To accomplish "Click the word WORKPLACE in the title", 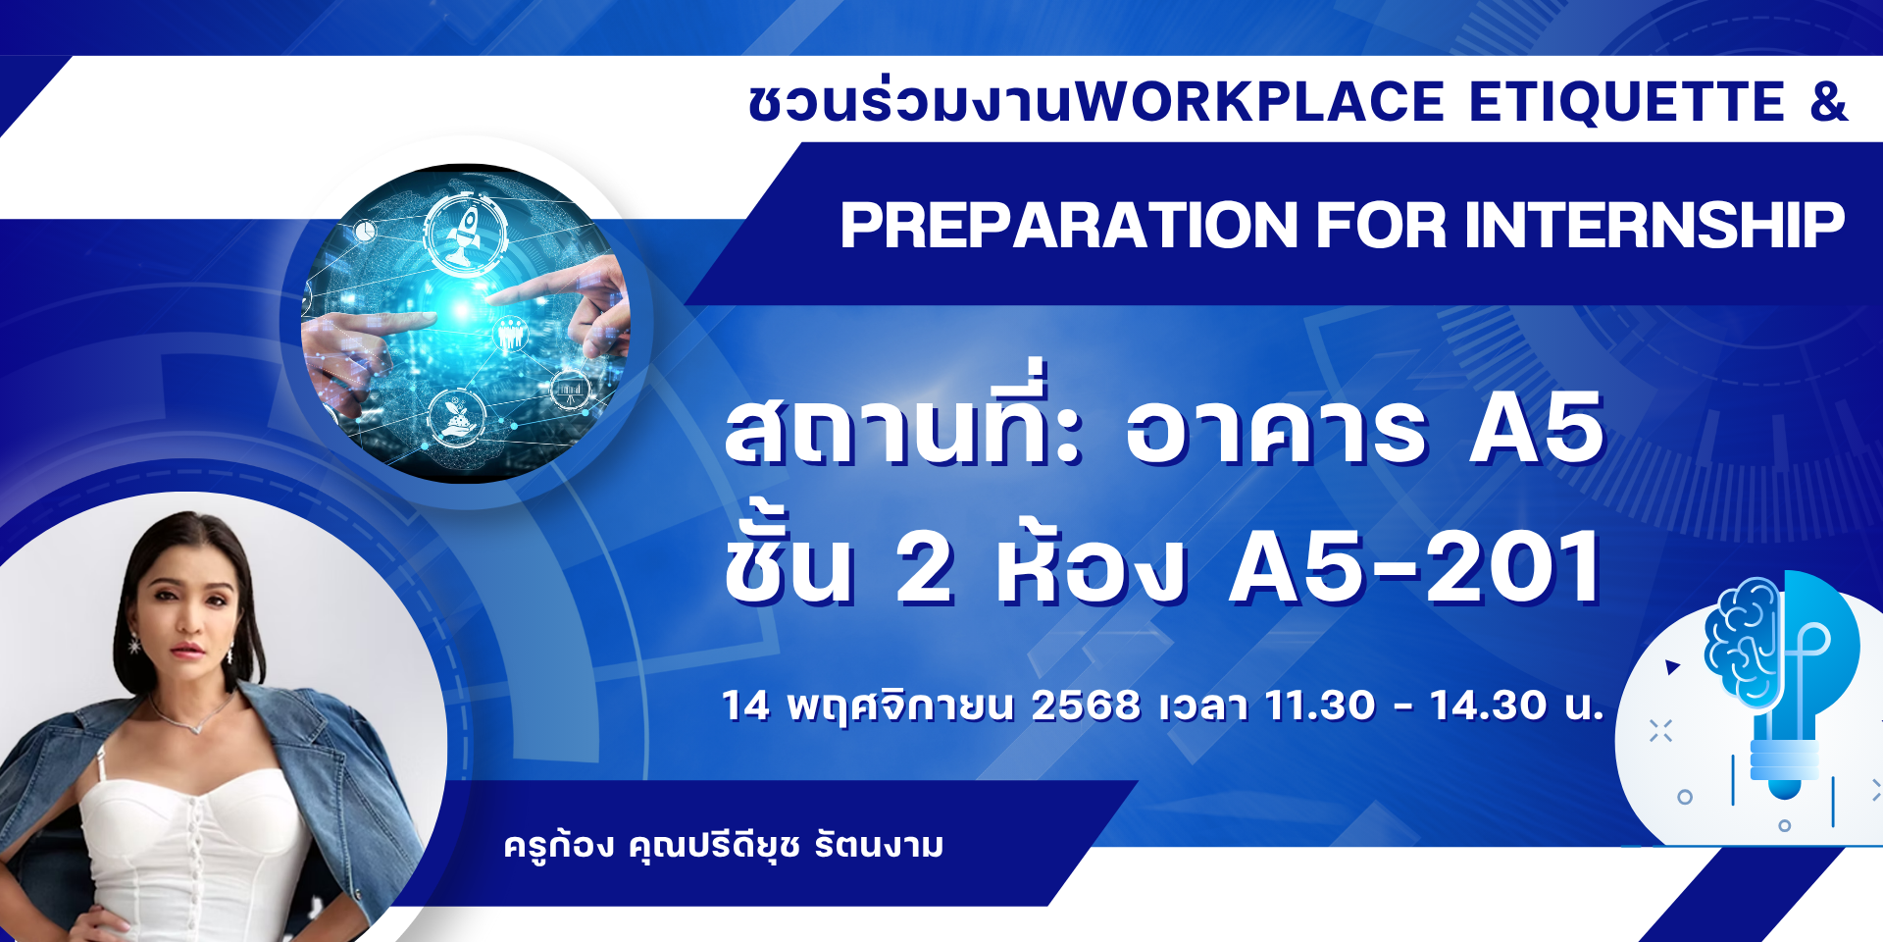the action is coord(1260,102).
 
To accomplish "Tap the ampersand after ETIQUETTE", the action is coord(1828,102).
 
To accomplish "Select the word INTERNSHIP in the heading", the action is coord(1654,225).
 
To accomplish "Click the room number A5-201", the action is coord(1415,566).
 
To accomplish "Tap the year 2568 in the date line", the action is coord(1086,706).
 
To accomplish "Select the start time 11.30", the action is coord(1320,706).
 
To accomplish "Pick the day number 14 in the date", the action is coord(745,706).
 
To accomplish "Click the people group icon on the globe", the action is coord(509,335).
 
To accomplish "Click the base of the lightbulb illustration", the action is coord(1785,769).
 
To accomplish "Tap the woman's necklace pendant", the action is coord(197,728).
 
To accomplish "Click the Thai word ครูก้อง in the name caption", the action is coord(559,844).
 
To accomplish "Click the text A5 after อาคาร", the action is coord(1536,428).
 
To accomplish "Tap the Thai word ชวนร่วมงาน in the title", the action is coord(911,102).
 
